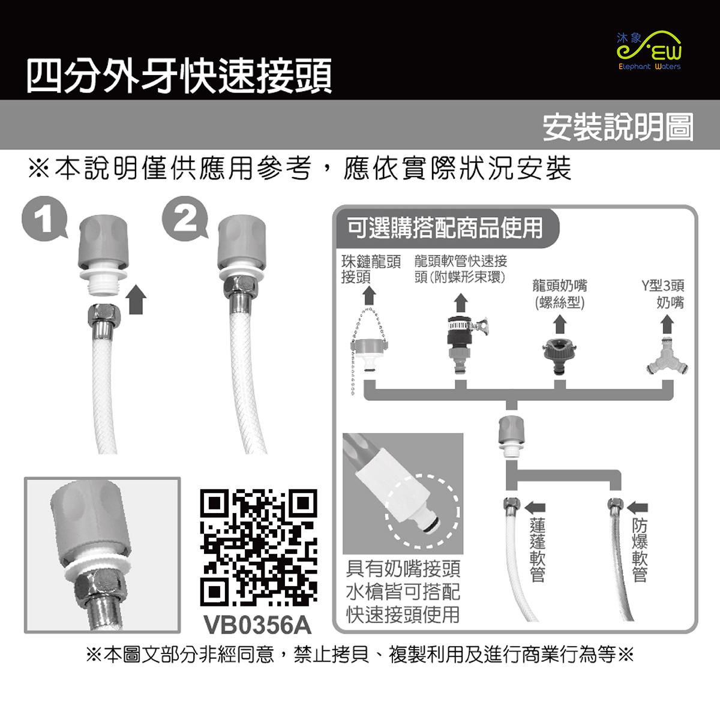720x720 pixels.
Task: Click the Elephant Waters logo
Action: [x=649, y=51]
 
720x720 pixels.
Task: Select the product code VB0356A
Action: [x=257, y=625]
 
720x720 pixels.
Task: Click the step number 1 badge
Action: [x=45, y=219]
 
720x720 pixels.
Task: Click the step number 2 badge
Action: [x=185, y=219]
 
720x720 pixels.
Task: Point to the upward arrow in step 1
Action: [x=136, y=299]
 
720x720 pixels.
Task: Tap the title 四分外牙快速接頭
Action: [x=179, y=76]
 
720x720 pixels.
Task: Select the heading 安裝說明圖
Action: [x=618, y=127]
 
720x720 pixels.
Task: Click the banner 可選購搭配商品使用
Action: [x=445, y=228]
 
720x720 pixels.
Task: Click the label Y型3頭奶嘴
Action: [x=663, y=294]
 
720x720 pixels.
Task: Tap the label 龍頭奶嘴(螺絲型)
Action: [x=560, y=294]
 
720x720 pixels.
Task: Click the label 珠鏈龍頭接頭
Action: [x=371, y=269]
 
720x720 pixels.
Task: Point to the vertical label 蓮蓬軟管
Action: [x=537, y=550]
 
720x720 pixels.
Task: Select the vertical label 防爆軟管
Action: [x=640, y=550]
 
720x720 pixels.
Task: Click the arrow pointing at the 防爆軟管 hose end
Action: [x=637, y=508]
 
